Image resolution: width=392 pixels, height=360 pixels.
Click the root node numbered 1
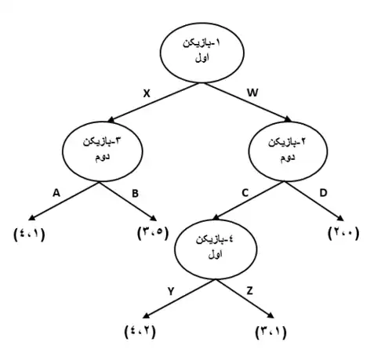202,53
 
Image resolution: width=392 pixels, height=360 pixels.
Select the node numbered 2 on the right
288,151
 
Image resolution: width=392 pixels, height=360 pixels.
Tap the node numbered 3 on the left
103,151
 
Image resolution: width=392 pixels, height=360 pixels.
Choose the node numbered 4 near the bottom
216,249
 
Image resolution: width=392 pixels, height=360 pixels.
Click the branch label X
147,93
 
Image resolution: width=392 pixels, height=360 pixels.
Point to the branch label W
252,93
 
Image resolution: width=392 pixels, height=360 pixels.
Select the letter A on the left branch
56,193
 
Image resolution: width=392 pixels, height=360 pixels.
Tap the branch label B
135,194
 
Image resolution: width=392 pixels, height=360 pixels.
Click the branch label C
245,193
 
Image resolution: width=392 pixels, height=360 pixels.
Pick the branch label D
323,193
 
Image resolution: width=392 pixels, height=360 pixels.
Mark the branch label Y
171,291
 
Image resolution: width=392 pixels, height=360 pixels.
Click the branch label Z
250,291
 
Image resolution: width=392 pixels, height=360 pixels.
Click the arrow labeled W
248,102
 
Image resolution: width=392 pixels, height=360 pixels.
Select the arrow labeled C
248,201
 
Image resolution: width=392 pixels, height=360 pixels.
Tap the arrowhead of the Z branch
270,315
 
